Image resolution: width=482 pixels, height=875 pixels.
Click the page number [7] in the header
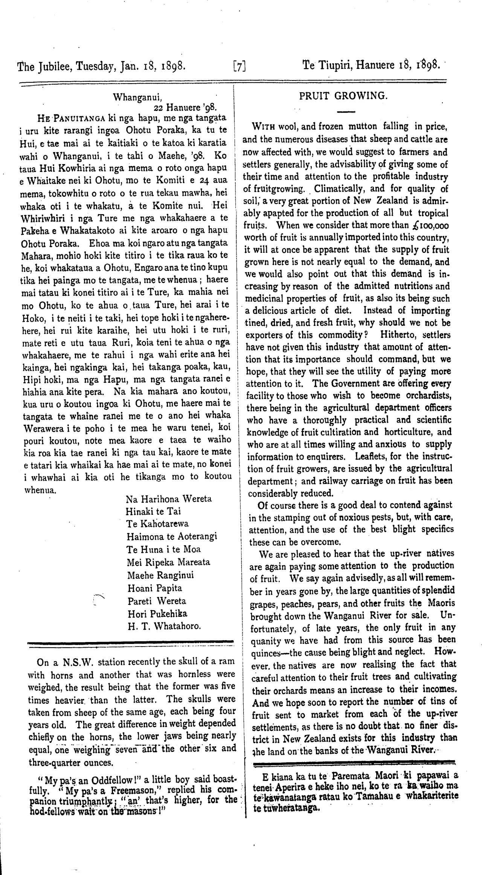(x=240, y=67)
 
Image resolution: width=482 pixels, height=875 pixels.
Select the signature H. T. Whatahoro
(x=164, y=626)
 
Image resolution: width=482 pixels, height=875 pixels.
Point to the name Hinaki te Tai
(x=153, y=511)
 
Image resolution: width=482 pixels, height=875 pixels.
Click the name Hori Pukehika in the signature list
(x=157, y=613)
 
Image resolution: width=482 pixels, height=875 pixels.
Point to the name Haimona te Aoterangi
(x=172, y=536)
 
